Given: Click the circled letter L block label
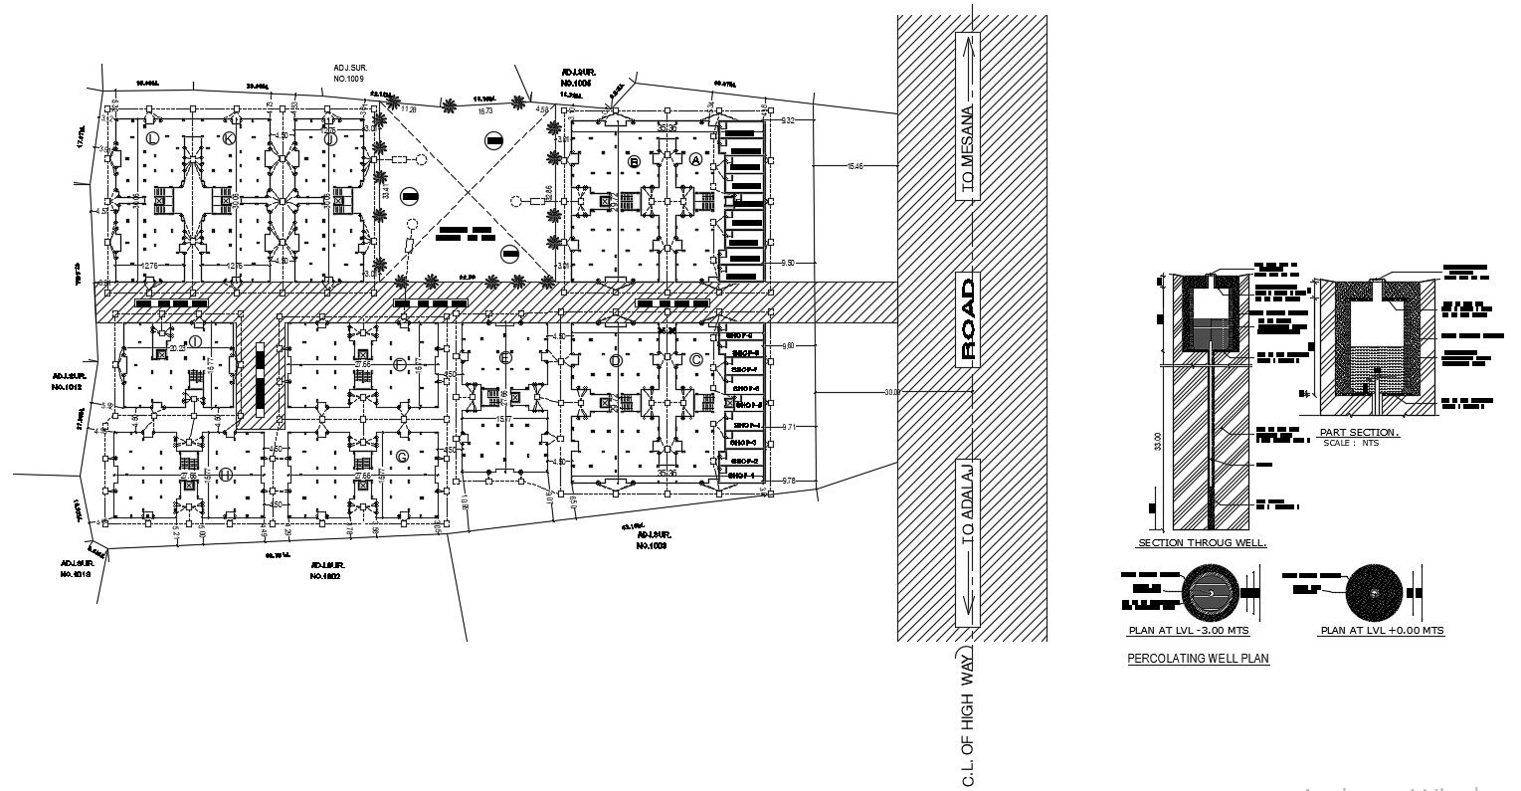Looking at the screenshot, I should click(x=152, y=137).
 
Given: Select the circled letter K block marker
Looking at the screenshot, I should click(x=229, y=137).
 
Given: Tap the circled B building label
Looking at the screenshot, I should click(x=634, y=160).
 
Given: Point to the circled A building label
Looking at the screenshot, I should click(x=695, y=159).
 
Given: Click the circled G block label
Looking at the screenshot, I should click(x=402, y=457).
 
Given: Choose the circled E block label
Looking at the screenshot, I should click(x=506, y=356).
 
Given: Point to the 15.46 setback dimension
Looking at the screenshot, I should click(x=855, y=166).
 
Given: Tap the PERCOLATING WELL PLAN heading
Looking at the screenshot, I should click(x=1198, y=659).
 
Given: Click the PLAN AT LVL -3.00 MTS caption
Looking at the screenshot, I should click(x=1189, y=631).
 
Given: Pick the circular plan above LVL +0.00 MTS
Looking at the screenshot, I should click(x=1373, y=594).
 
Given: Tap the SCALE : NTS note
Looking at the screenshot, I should click(x=1345, y=443).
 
